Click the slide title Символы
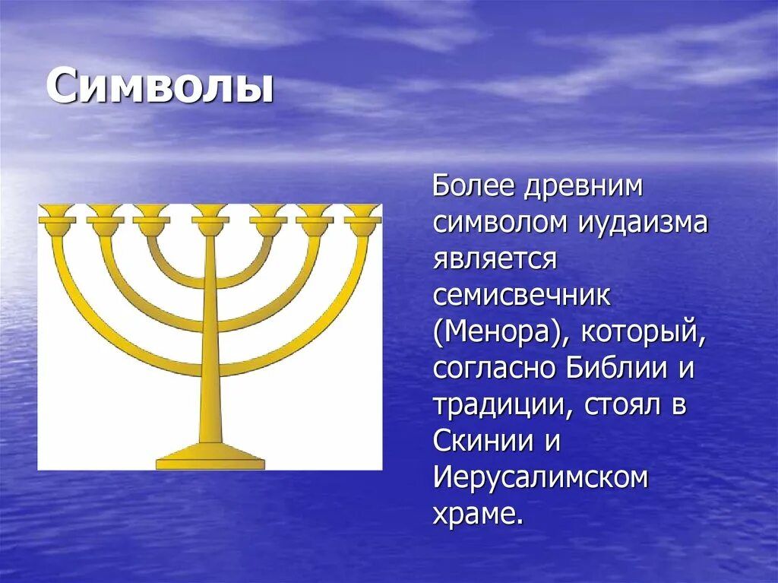[160, 87]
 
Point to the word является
[495, 259]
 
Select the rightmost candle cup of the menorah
[362, 214]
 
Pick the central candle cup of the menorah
[210, 214]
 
